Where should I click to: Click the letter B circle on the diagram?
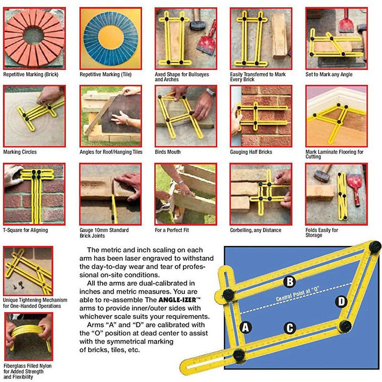(290, 282)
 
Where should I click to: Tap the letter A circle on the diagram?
(245, 327)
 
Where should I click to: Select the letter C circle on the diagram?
(290, 328)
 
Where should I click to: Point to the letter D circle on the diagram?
(341, 302)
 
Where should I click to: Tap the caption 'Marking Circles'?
(20, 152)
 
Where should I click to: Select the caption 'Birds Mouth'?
(168, 152)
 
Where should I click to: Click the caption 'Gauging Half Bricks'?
(251, 152)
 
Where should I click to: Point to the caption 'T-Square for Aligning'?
(25, 230)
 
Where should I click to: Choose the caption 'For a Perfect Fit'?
(172, 230)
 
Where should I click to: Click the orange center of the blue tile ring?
(111, 38)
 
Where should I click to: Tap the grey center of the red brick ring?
(33, 36)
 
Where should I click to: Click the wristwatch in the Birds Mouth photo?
(211, 93)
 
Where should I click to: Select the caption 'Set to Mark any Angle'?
(329, 74)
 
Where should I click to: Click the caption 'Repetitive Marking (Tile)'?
(106, 74)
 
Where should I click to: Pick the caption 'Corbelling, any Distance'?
(255, 230)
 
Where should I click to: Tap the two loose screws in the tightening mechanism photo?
(19, 285)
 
